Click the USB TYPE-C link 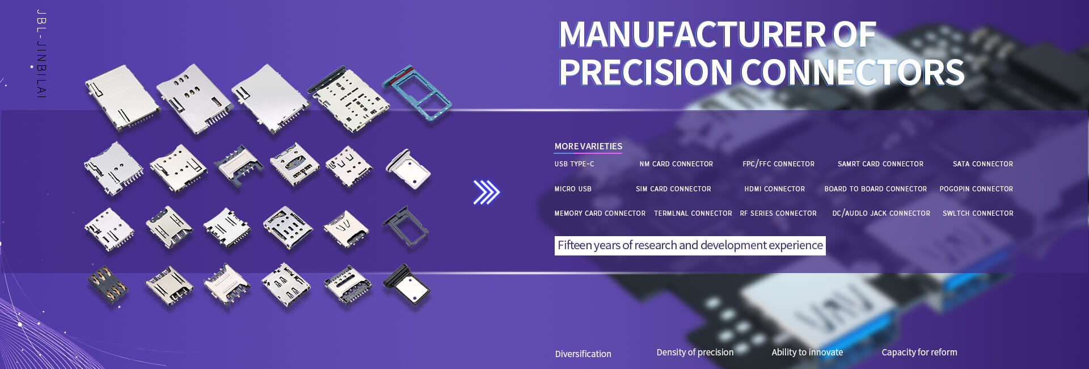coord(574,164)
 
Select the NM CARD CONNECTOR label coord(676,164)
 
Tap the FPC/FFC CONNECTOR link coord(778,164)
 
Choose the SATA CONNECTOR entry coord(983,164)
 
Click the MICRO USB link coord(573,189)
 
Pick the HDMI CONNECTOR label coord(774,189)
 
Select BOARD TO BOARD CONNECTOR coord(875,189)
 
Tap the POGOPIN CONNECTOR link coord(976,189)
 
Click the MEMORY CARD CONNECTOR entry coord(600,213)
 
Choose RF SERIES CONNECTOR coord(778,213)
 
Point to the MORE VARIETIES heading coord(588,146)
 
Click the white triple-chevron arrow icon coord(486,192)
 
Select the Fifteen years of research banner coord(690,245)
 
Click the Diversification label coord(583,354)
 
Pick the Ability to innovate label coord(807,352)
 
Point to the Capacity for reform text coord(919,352)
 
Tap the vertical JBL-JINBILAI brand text coord(41,54)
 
